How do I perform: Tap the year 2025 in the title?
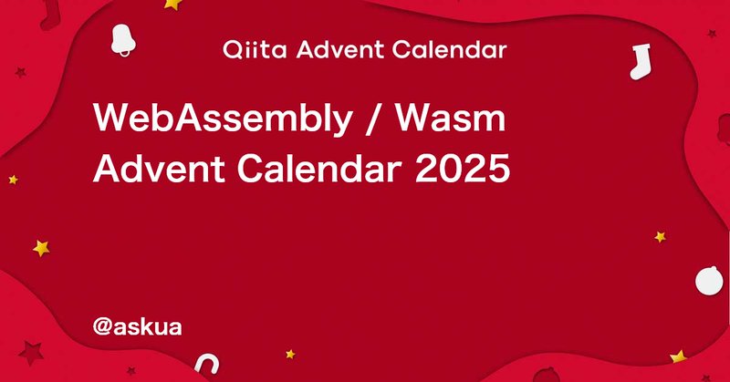click(x=462, y=168)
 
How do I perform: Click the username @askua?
click(x=137, y=325)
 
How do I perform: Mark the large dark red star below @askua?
click(x=33, y=351)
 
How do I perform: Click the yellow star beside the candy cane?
click(x=290, y=353)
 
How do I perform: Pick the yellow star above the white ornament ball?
click(x=659, y=236)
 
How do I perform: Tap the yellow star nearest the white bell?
click(x=172, y=4)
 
